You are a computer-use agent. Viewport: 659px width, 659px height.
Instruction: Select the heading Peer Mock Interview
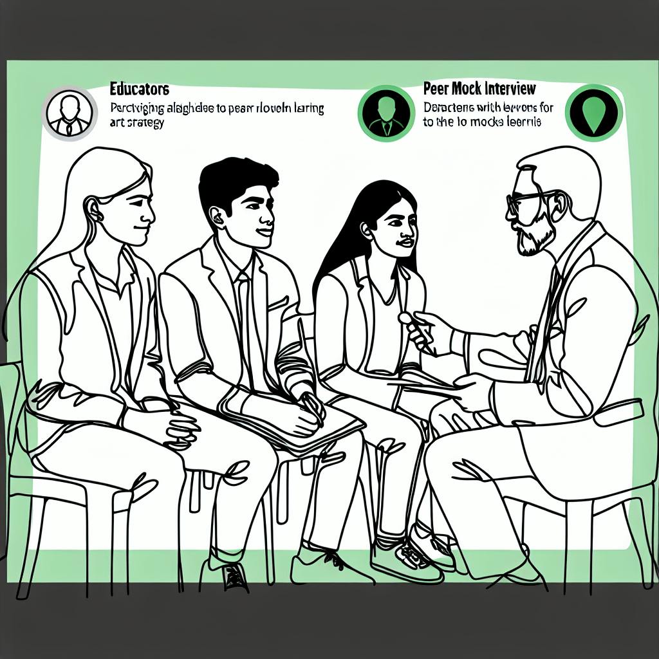coord(479,88)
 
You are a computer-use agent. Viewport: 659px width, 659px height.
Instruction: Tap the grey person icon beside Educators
coord(70,113)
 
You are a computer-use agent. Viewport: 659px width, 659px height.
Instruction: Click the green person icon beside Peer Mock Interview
coord(385,113)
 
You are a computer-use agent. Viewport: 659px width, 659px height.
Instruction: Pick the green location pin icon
coord(593,113)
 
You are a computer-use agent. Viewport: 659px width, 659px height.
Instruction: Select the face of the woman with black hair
coord(394,228)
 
